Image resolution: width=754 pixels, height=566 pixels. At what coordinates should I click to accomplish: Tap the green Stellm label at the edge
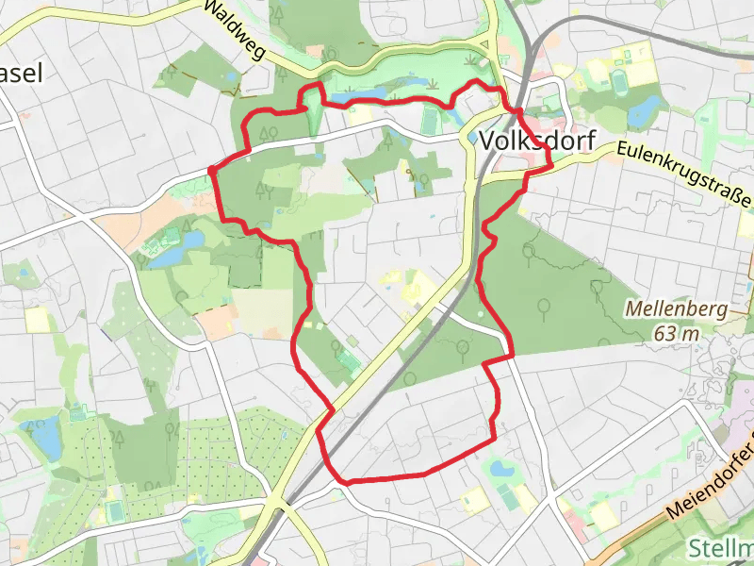720,548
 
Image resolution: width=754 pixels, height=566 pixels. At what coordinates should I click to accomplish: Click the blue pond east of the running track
645,112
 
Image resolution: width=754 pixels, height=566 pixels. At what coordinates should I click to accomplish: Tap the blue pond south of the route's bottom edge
500,468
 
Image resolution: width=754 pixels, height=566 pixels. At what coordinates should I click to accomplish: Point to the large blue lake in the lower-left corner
45,439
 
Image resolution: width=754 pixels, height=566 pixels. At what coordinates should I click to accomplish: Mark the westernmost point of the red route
210,171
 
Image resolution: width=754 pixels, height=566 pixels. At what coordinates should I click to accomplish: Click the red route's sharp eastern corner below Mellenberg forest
512,356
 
